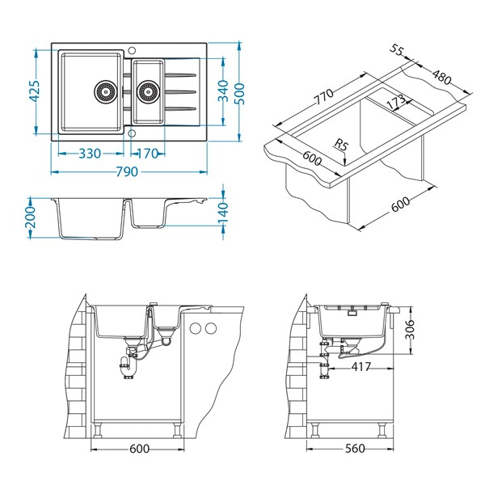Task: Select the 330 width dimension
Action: pos(89,154)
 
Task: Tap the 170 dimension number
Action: pos(148,154)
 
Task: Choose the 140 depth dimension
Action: pos(224,213)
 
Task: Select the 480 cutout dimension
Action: pos(441,77)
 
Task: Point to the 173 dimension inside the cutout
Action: pos(394,103)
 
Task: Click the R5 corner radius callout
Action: pos(343,146)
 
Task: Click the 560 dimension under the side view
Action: pos(354,448)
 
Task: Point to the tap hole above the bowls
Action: pos(133,51)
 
